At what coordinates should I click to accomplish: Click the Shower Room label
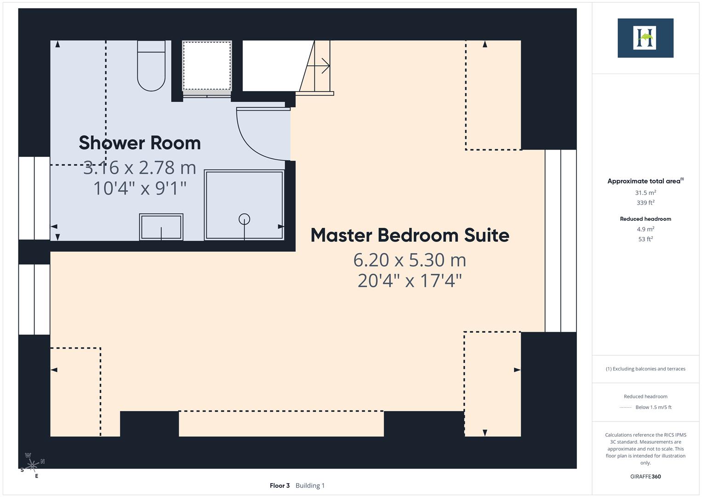coord(140,143)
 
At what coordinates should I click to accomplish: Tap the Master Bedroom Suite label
coord(410,235)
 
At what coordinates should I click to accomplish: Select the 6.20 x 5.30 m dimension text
coord(410,260)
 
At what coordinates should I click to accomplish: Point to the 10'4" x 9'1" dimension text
coord(140,188)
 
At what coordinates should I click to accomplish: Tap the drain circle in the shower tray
coord(244,220)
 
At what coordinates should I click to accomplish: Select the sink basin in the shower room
coord(161,227)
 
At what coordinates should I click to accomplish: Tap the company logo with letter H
coord(645,38)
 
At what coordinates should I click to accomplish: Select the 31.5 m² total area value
coord(645,193)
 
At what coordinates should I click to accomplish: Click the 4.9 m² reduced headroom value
coord(645,229)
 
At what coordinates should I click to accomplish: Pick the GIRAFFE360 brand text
coord(645,476)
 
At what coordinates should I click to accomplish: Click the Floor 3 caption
coord(280,485)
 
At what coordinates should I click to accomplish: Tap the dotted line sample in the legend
coord(625,407)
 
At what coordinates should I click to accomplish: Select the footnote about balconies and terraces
coord(645,369)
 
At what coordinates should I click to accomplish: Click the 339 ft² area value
coord(645,202)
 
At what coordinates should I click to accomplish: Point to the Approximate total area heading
coord(644,181)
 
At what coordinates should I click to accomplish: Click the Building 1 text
coord(310,485)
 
